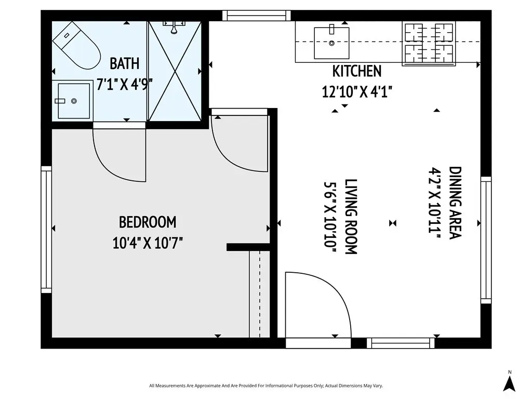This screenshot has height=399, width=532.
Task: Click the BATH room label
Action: coord(125,63)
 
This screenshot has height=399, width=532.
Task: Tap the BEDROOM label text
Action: coord(148,222)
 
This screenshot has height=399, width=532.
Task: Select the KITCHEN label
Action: coord(357,71)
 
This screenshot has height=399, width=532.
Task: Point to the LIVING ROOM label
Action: coord(351,217)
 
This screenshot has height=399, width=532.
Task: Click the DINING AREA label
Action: coord(455,203)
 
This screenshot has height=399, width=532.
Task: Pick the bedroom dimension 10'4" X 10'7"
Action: coord(148,243)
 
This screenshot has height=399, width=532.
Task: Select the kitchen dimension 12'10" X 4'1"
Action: coord(357,91)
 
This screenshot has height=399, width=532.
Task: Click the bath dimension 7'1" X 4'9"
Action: coord(125,84)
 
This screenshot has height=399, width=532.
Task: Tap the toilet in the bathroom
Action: coord(77,46)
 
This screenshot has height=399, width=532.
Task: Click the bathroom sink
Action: coord(72,101)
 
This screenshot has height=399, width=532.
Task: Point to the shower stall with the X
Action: coord(175,71)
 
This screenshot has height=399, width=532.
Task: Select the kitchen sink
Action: coord(331,43)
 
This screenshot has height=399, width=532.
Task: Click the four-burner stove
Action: coord(429,44)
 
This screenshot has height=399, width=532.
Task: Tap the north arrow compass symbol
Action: coord(509,383)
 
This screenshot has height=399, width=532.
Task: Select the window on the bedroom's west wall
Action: coord(46,229)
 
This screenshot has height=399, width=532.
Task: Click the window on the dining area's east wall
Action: coord(486,240)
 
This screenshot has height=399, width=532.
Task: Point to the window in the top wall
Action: coord(257,16)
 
